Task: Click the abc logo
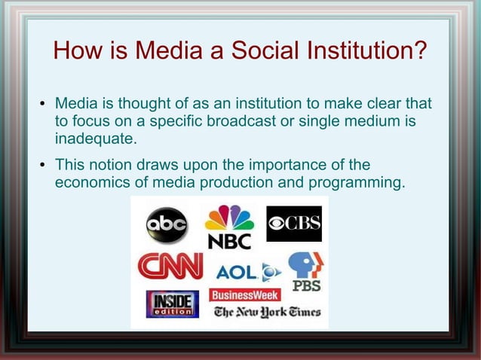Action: coord(167,225)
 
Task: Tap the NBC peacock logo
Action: coord(229,227)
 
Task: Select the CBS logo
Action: coord(294,224)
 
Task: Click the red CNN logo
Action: coord(170,265)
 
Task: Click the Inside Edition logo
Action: coord(173,304)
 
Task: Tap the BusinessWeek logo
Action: coord(245,294)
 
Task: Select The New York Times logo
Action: coord(267,312)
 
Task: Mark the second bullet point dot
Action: coord(43,166)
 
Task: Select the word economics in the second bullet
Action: coord(94,182)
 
